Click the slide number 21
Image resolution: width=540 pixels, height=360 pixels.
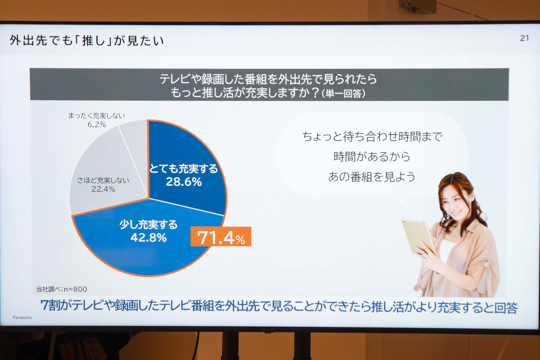click(524, 38)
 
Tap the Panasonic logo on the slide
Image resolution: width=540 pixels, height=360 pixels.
click(22, 318)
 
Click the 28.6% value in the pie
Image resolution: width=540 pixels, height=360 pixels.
click(184, 182)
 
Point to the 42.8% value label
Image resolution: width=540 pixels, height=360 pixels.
click(148, 238)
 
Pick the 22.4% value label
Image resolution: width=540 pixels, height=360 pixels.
click(103, 189)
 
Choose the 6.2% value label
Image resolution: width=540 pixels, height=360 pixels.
click(97, 124)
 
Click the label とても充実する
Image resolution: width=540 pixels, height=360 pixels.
click(184, 169)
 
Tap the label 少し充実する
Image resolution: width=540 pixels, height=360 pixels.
click(148, 225)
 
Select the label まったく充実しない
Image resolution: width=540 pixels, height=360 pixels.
click(97, 116)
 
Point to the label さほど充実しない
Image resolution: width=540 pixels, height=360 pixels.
click(103, 180)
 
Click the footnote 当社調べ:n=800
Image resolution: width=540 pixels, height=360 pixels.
click(62, 289)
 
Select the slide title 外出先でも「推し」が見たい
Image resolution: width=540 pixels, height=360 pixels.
click(87, 40)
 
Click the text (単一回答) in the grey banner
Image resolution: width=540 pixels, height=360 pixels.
click(343, 94)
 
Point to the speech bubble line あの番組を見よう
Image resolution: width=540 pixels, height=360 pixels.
click(372, 177)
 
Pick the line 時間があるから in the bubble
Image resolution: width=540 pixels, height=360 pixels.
click(372, 157)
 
